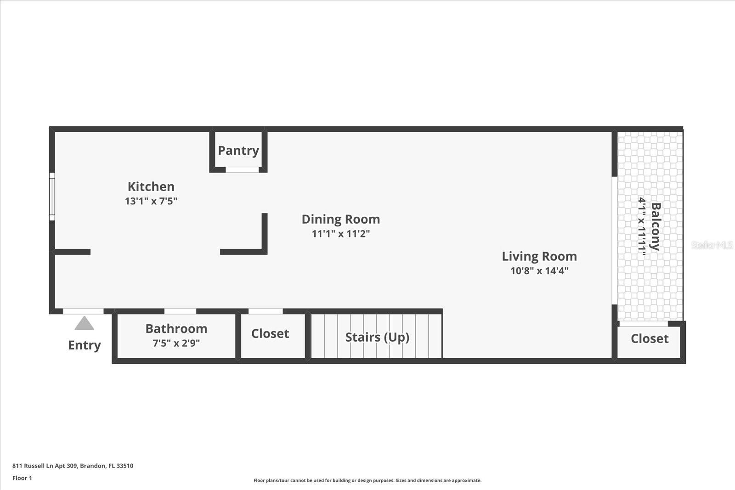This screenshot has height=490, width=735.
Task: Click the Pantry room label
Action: pyautogui.click(x=238, y=151)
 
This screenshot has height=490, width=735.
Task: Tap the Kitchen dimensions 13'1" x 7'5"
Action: pyautogui.click(x=151, y=201)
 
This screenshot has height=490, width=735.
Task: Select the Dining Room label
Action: pyautogui.click(x=341, y=219)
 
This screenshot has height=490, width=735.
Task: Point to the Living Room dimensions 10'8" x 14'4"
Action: pyautogui.click(x=539, y=271)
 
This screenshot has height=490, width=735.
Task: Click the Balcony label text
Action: pyautogui.click(x=656, y=227)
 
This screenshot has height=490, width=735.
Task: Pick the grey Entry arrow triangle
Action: pyautogui.click(x=85, y=323)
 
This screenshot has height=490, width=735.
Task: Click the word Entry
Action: pyautogui.click(x=85, y=345)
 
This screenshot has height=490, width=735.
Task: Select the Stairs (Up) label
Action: pyautogui.click(x=377, y=338)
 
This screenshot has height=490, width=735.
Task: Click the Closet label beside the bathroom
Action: pyautogui.click(x=270, y=333)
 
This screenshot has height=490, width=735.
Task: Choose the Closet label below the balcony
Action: pyautogui.click(x=650, y=339)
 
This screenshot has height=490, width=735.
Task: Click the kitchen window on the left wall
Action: pyautogui.click(x=52, y=197)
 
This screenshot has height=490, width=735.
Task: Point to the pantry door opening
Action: pyautogui.click(x=242, y=169)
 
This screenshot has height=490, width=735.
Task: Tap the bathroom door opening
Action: pyautogui.click(x=180, y=311)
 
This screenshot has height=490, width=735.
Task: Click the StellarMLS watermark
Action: pyautogui.click(x=712, y=245)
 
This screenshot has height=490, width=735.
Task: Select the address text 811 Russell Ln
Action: pyautogui.click(x=33, y=466)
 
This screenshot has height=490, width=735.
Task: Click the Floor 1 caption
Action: pyautogui.click(x=23, y=478)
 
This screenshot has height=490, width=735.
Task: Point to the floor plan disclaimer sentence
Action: pyautogui.click(x=367, y=480)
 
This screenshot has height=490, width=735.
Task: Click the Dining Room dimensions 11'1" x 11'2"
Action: pyautogui.click(x=341, y=234)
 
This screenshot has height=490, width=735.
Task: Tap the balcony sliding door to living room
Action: pyautogui.click(x=615, y=241)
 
